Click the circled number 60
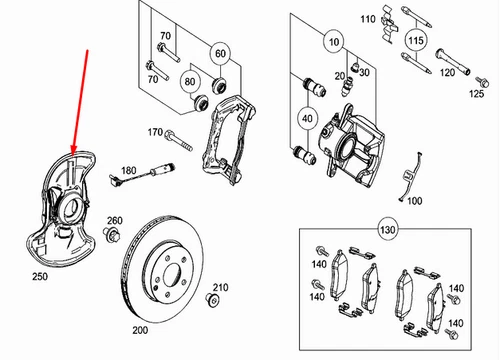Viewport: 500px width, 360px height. [x=220, y=53]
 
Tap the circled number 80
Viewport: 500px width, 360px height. [x=190, y=81]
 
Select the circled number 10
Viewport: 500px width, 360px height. [x=334, y=42]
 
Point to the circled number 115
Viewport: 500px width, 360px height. [x=416, y=40]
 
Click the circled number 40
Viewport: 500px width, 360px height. [x=307, y=118]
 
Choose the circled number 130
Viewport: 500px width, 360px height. [x=387, y=229]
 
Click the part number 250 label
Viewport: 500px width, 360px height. [x=40, y=276]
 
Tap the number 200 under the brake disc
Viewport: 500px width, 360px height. [x=140, y=330]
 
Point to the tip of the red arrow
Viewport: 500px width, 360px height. [x=73, y=155]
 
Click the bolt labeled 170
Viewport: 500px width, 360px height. [x=179, y=141]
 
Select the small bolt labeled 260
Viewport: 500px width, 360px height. [x=112, y=234]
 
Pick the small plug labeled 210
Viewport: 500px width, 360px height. [x=212, y=299]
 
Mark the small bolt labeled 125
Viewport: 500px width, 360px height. [x=482, y=82]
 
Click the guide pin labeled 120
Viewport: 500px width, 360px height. [x=453, y=62]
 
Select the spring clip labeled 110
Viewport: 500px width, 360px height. [x=389, y=23]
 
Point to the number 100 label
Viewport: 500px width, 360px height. [x=415, y=201]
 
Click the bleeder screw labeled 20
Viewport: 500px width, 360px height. [x=347, y=86]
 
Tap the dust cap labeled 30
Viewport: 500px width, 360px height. [x=355, y=67]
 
